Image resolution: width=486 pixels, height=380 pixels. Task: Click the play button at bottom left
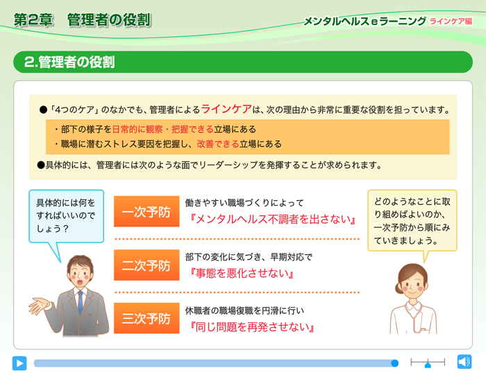click(x=19, y=363)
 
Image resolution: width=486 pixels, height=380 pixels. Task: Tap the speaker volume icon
click(x=464, y=363)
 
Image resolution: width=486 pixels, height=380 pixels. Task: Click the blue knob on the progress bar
click(x=394, y=363)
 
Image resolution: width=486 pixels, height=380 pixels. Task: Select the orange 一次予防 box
click(x=146, y=213)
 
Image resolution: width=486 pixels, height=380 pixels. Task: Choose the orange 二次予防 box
click(x=146, y=265)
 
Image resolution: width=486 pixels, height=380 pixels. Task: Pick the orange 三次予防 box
click(x=146, y=318)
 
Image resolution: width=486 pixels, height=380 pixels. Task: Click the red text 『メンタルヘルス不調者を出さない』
click(x=272, y=220)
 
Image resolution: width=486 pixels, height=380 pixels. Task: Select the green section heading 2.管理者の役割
click(x=69, y=63)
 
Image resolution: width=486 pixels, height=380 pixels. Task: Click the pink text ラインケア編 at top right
click(x=451, y=22)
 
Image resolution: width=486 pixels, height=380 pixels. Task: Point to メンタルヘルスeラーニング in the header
click(x=364, y=22)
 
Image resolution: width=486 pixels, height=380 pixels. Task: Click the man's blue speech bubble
click(x=66, y=215)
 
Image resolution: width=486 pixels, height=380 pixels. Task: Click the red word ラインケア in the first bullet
click(x=226, y=109)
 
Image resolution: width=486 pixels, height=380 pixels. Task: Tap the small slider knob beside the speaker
click(x=428, y=365)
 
